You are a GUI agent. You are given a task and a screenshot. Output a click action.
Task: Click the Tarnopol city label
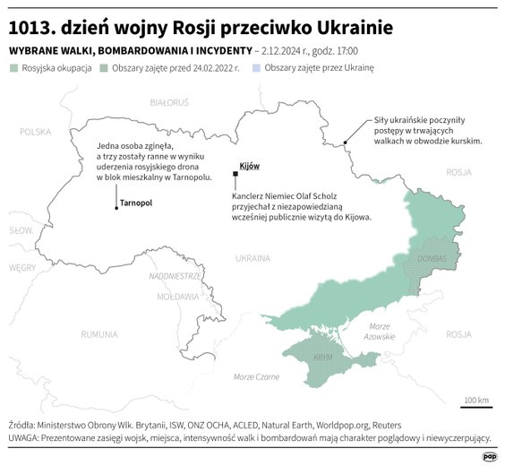[x=135, y=203]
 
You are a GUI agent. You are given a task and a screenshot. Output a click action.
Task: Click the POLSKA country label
[x=36, y=132]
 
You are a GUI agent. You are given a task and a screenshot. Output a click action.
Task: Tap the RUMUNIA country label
[x=98, y=334]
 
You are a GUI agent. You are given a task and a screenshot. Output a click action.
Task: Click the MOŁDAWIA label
[x=177, y=296]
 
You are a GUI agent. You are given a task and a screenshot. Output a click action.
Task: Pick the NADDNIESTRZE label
[x=175, y=276]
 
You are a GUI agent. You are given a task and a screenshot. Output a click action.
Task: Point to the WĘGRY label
[x=21, y=267]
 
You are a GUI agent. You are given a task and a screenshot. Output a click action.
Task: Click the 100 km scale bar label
[x=476, y=399]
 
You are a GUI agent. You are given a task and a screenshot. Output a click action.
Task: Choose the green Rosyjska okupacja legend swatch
[x=13, y=68]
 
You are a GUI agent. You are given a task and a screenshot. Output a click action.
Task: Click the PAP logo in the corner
[x=488, y=455]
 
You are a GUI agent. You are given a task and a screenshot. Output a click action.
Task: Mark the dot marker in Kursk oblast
[x=346, y=142]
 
